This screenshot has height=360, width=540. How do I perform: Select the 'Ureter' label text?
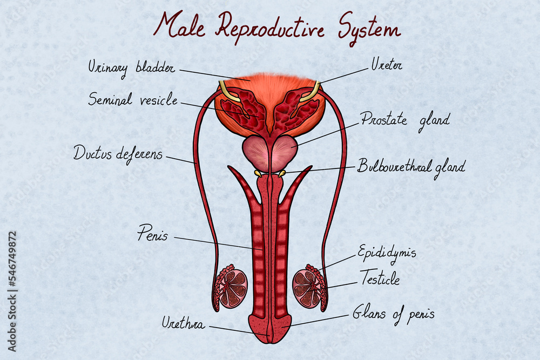tap(387, 64)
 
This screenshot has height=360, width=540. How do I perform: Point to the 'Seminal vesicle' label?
tap(133, 99)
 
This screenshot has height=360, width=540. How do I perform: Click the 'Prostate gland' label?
tap(406, 121)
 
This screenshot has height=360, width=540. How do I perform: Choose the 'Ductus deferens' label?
tap(118, 154)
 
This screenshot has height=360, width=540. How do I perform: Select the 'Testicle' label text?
tap(380, 278)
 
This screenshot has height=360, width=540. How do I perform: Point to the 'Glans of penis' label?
tap(393, 314)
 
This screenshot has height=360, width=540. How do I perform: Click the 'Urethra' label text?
tap(183, 323)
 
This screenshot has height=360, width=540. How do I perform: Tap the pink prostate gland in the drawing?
tap(270, 153)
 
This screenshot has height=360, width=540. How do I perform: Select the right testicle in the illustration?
tap(307, 289)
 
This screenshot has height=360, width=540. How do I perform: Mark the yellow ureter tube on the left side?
tap(228, 92)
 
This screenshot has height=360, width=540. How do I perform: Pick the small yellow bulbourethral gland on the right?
tap(282, 173)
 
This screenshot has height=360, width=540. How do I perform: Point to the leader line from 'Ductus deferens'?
tap(181, 160)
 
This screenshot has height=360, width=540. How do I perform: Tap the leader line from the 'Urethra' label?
tap(239, 331)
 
